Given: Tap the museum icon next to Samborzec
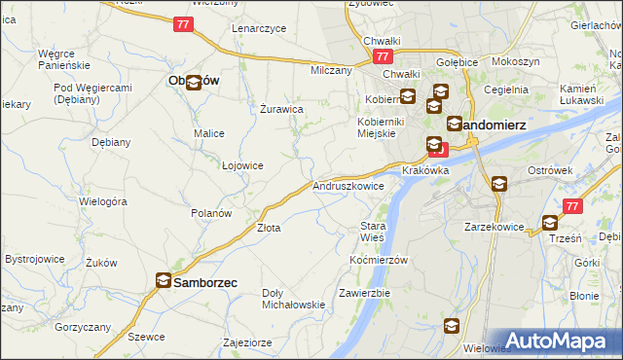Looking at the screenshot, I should tap(163, 282).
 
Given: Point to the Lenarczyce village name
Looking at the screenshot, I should tap(259, 28).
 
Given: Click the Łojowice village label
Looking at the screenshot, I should tap(243, 165).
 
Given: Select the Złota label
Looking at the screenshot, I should tap(269, 229).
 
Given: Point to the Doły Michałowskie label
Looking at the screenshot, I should tap(293, 299).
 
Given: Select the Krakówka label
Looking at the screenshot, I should tap(424, 170).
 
